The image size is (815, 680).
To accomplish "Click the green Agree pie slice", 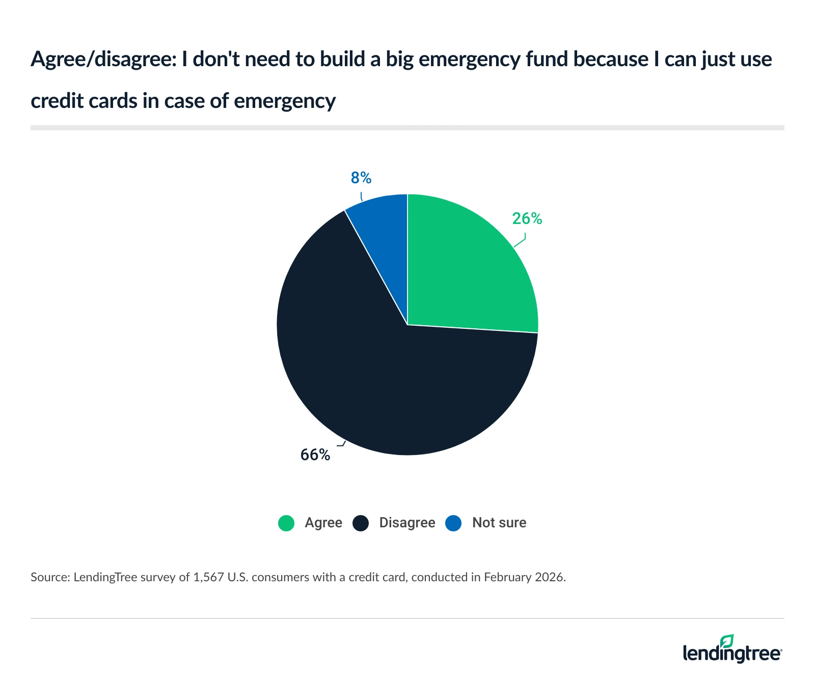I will (469, 270).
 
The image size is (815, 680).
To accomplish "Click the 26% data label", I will (527, 219).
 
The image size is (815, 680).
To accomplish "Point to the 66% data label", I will (315, 455).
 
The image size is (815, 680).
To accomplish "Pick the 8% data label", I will (361, 178).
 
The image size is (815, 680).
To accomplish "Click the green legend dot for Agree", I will (286, 523).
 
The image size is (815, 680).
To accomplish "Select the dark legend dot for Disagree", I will (361, 523).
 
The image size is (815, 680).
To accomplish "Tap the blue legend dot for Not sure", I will (453, 523).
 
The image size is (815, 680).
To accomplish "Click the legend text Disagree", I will (407, 523).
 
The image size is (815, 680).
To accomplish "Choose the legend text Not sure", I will (499, 523).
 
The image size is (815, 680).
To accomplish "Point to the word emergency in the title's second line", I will (285, 101).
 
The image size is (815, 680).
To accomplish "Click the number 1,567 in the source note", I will (209, 577).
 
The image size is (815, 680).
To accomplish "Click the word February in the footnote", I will (507, 577).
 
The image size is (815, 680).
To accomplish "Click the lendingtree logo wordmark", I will (731, 653).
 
